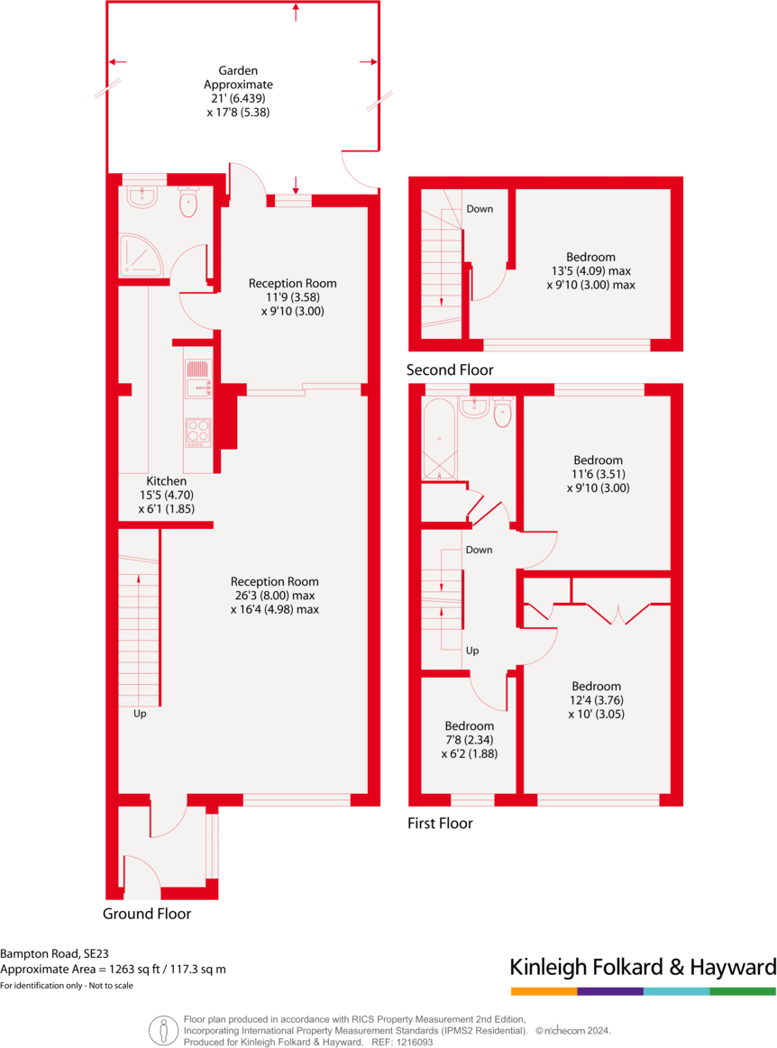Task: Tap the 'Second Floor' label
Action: [450, 370]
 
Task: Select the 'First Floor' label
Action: [441, 823]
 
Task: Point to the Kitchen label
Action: [162, 482]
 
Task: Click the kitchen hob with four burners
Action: [197, 433]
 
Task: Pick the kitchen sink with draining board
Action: [197, 379]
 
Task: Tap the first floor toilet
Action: [502, 413]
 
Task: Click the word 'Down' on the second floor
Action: [480, 209]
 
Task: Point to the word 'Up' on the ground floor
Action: [140, 714]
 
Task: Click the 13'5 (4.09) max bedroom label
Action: [590, 270]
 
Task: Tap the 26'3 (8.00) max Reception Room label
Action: [274, 595]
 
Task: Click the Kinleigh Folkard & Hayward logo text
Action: [643, 968]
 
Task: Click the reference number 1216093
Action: [414, 1042]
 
